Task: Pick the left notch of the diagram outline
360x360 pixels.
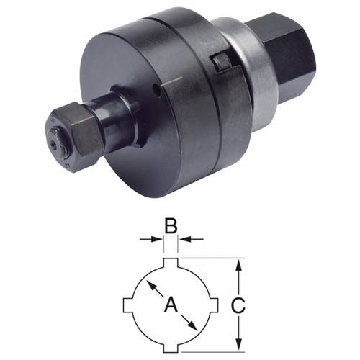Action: click(127, 305)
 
